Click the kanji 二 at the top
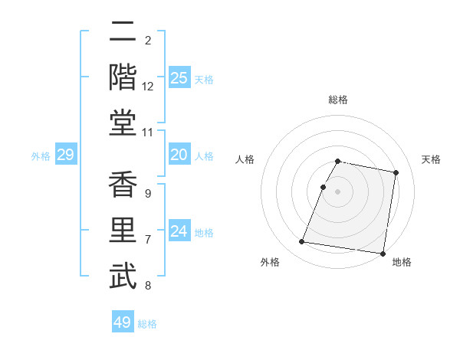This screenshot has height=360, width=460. coord(123,34)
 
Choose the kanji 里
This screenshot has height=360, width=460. coord(123,231)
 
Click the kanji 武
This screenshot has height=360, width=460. coord(123,276)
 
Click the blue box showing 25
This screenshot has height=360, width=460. coord(179,77)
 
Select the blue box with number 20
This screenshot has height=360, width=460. coord(179,155)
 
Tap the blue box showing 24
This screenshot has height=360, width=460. coord(179,231)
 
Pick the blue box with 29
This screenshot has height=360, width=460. coord(65,155)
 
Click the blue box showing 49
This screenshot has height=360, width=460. coord(123,322)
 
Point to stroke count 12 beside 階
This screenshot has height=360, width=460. coord(148,87)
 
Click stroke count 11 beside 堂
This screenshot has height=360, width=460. coord(148,133)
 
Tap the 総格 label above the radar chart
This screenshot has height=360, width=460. coord(338,100)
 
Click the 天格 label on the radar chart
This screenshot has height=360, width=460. coord(432,159)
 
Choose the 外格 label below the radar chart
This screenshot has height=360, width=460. coord(270,262)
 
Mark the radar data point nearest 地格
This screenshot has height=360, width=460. coord(383,253)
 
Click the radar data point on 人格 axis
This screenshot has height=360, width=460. coord(323,187)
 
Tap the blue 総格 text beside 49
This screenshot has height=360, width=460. coord(147,323)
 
